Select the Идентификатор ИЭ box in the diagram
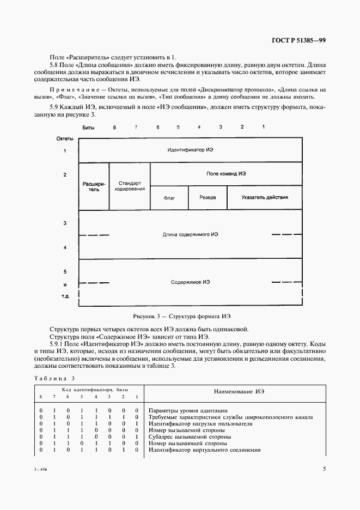(x=191, y=149)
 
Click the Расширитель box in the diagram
(x=94, y=187)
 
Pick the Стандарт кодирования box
(x=129, y=186)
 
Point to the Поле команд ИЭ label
(x=226, y=173)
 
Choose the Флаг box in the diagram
(x=169, y=198)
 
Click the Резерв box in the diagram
(x=207, y=198)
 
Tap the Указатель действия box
(x=265, y=198)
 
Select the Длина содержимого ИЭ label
(x=191, y=234)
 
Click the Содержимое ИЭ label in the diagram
(x=191, y=282)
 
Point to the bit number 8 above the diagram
(x=114, y=127)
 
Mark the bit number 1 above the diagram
(x=263, y=127)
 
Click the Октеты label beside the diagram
(x=65, y=139)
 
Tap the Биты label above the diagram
(x=88, y=127)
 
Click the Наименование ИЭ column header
(x=236, y=392)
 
